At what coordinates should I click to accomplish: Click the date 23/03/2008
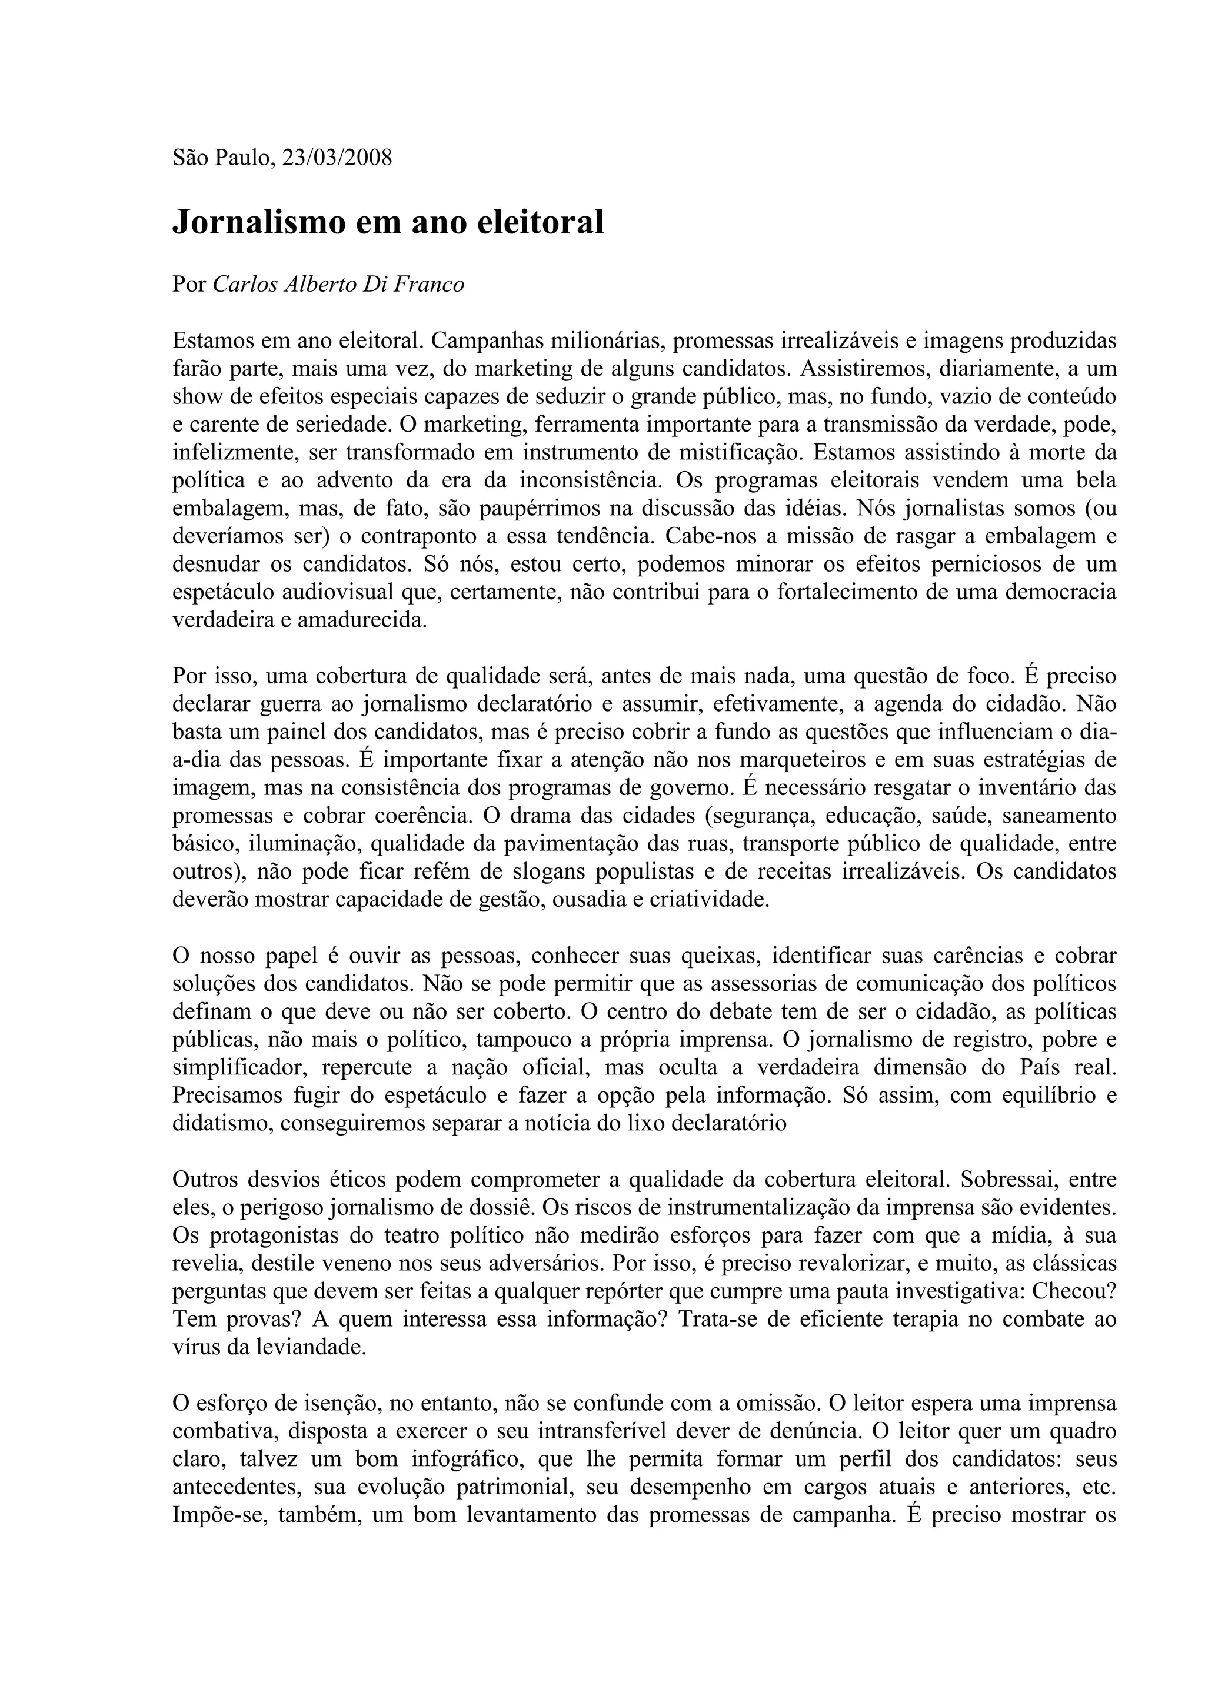338,158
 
